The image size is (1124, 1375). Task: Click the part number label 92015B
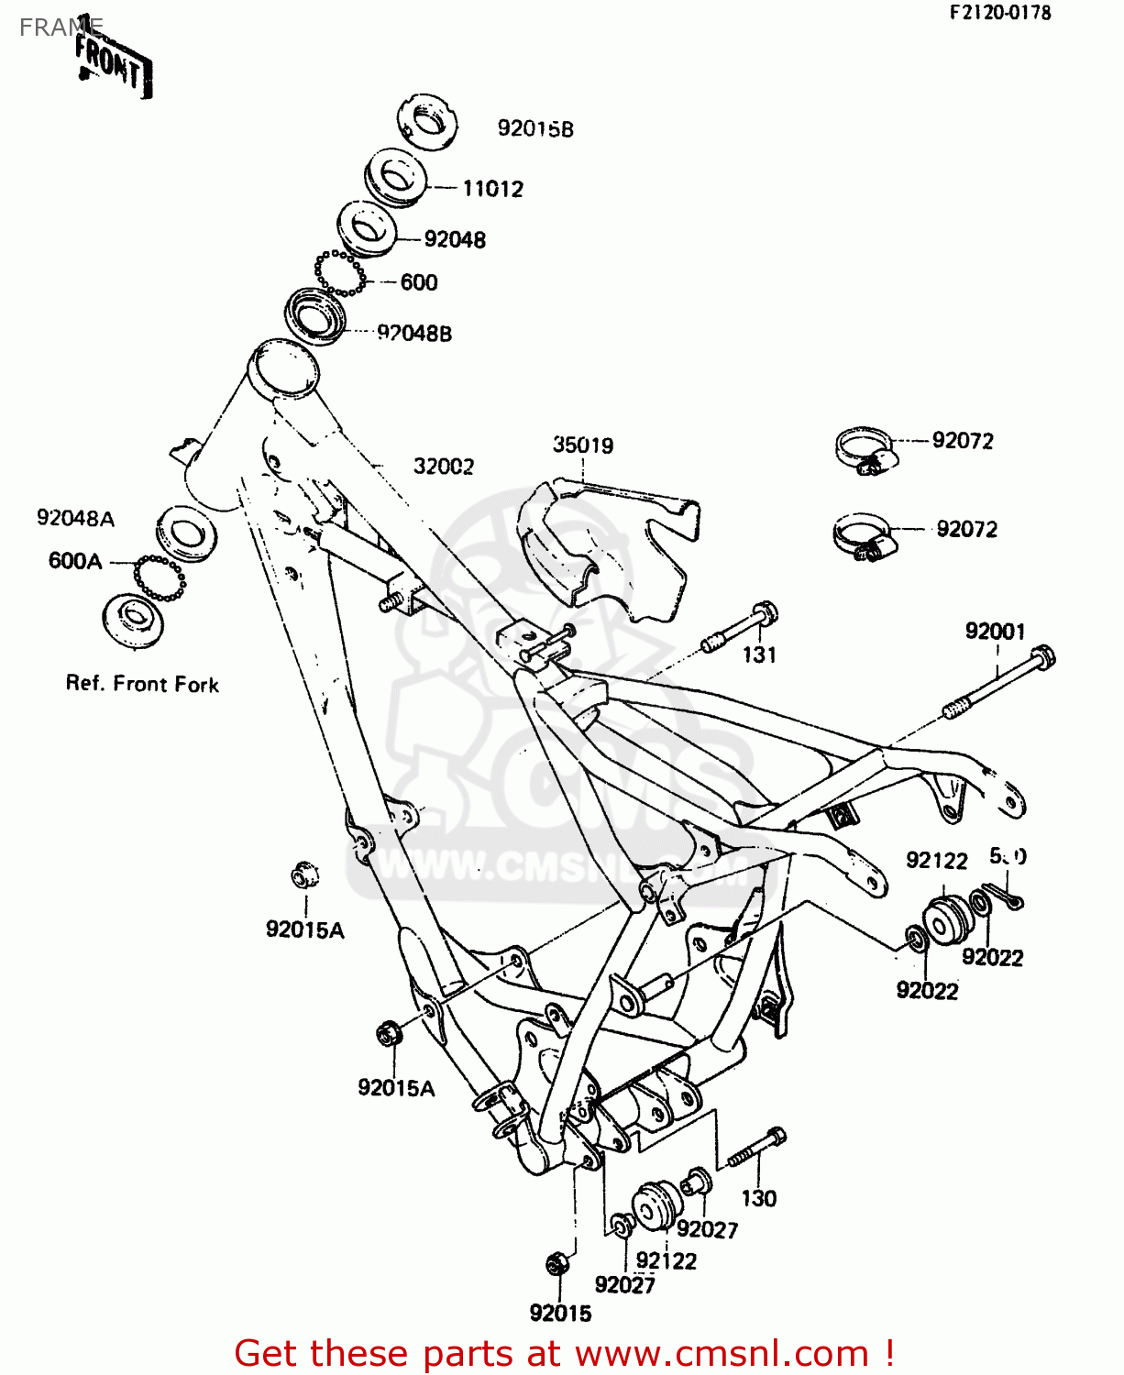(x=535, y=129)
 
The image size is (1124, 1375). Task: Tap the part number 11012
(x=492, y=189)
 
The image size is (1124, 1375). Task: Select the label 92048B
(x=414, y=334)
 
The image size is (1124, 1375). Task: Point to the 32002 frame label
(x=444, y=467)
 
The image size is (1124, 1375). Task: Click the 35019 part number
(x=583, y=445)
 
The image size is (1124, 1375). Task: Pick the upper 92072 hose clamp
(x=865, y=449)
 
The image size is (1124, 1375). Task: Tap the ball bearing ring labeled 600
(x=340, y=273)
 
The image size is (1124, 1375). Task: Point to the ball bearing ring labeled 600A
(x=160, y=577)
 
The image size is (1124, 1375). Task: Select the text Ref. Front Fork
(x=142, y=685)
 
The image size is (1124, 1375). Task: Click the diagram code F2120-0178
(x=999, y=13)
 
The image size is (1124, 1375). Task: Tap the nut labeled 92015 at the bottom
(x=556, y=1264)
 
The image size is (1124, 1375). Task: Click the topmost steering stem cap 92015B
(x=427, y=121)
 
